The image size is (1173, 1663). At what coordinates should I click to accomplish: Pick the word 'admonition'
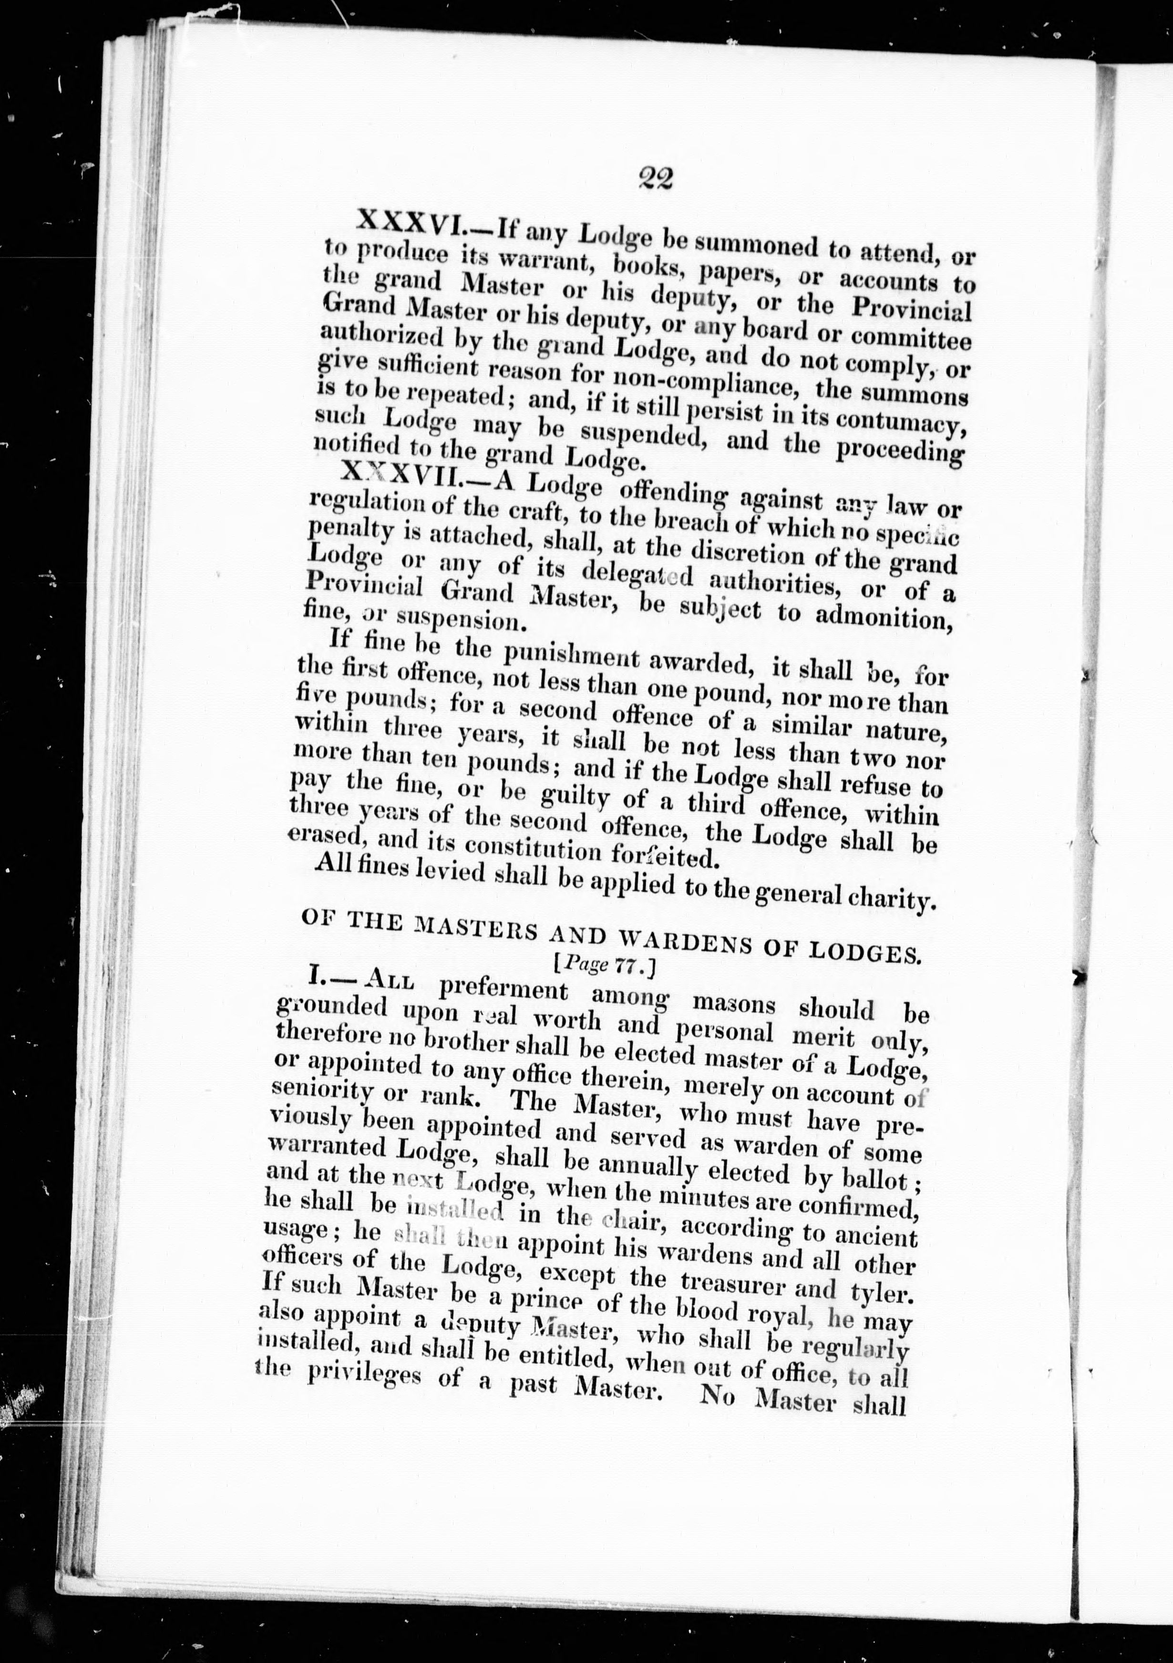tap(884, 618)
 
